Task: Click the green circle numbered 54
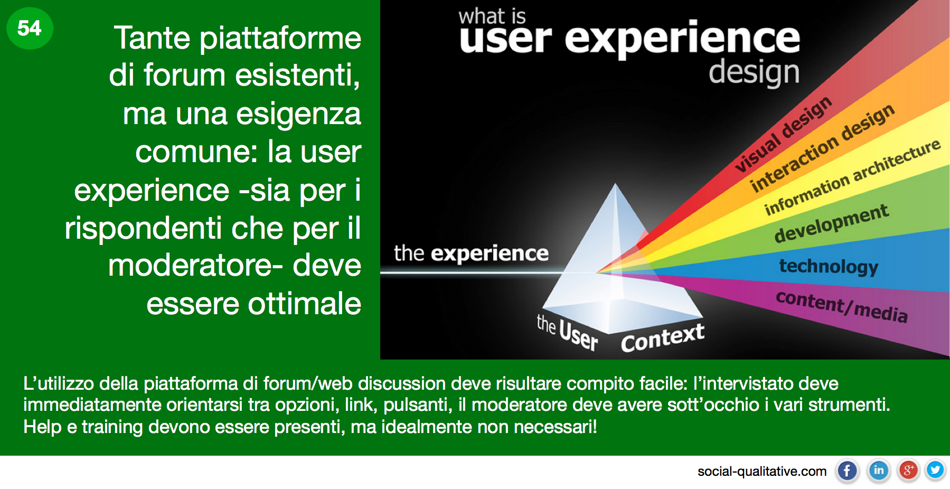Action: click(30, 28)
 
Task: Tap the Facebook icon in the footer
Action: click(847, 471)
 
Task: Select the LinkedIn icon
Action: click(879, 471)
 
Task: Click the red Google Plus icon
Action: click(908, 471)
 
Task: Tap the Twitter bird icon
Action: click(935, 470)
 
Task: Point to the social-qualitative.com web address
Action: click(762, 471)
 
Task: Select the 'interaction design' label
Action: click(823, 147)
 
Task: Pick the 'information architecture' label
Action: click(852, 177)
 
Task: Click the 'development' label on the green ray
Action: click(832, 223)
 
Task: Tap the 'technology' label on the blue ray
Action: click(829, 266)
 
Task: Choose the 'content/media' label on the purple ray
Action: click(842, 306)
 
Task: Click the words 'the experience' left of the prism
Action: click(471, 253)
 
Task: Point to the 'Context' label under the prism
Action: click(663, 338)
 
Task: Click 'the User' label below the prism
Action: click(567, 332)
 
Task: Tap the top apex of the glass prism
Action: click(615, 184)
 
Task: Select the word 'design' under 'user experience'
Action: click(754, 73)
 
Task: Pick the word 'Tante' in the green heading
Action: click(152, 38)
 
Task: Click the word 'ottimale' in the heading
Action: click(305, 304)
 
